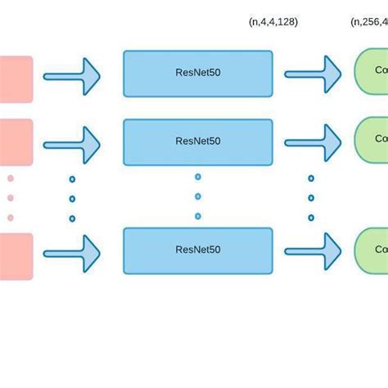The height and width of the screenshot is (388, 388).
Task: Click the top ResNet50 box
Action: pos(197,74)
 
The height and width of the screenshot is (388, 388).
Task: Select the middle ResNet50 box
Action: pos(197,142)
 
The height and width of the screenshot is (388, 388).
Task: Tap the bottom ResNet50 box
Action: pos(197,250)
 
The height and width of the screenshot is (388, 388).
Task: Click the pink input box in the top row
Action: pos(16,79)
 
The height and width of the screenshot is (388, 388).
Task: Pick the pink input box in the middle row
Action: pos(16,142)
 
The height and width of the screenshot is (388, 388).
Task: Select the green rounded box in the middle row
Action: pos(371,139)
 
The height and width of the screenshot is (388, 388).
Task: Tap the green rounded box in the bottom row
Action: pos(371,250)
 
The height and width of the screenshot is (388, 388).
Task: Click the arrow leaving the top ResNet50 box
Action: pos(313,75)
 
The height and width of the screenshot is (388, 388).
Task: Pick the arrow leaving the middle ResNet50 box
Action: pos(313,143)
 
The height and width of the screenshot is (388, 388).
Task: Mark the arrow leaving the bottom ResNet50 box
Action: pos(313,252)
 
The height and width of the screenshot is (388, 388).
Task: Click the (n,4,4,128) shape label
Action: pos(273,22)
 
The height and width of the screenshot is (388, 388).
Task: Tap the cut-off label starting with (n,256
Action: pos(369,22)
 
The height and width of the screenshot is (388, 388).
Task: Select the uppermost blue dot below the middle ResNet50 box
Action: pos(198,177)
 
